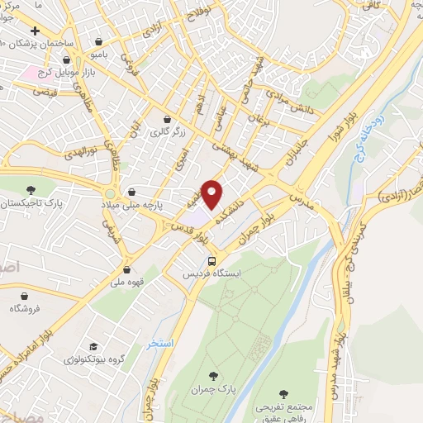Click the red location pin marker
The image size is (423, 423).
point(212,194)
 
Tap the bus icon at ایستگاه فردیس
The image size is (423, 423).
point(212,258)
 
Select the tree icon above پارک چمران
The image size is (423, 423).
point(216,376)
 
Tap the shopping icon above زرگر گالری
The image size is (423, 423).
point(168,118)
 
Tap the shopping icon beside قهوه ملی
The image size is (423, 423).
point(127,269)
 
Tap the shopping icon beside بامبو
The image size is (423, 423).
point(100,41)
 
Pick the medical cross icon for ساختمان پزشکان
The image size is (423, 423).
point(34,31)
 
